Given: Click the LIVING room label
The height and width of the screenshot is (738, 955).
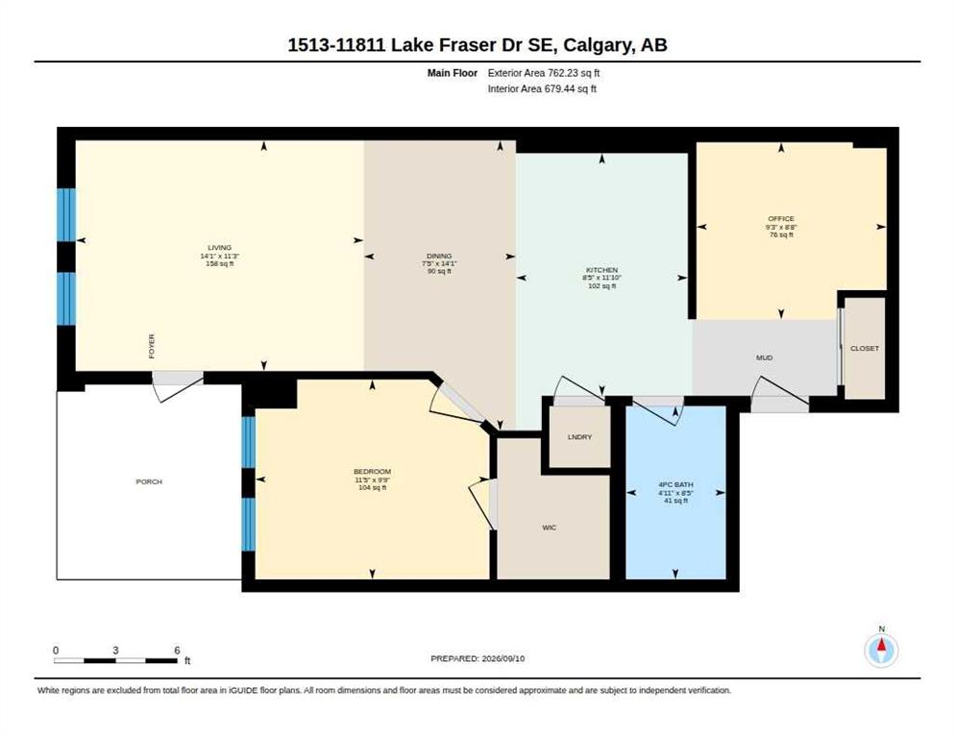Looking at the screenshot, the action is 220,248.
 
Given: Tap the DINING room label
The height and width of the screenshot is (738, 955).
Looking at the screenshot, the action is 439,256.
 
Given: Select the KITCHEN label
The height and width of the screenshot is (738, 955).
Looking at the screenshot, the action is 601,270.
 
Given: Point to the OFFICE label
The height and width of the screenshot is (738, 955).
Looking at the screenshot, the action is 781,219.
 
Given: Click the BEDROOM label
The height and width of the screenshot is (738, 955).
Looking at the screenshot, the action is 372,472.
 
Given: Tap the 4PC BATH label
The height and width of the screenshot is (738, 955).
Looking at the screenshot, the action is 676,485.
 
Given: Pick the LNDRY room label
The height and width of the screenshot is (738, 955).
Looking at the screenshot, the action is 580,437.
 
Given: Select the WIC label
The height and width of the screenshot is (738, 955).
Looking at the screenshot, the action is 550,528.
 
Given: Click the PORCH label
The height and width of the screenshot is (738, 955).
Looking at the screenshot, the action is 149,482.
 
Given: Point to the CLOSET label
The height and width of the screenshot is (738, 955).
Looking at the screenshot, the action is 865,349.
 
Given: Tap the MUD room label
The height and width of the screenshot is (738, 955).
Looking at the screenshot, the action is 765,357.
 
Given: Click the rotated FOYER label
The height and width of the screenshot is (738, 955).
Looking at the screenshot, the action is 152,346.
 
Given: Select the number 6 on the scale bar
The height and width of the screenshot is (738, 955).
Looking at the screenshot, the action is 177,651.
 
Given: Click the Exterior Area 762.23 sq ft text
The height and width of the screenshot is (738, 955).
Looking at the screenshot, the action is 544,73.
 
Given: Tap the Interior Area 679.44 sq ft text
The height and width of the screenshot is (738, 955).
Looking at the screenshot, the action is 542,89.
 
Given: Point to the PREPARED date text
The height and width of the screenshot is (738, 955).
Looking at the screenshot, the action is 477,659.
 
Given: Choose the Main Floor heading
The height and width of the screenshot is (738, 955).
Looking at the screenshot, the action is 453,73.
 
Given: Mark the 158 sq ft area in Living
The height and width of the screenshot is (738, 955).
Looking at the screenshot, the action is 220,264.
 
